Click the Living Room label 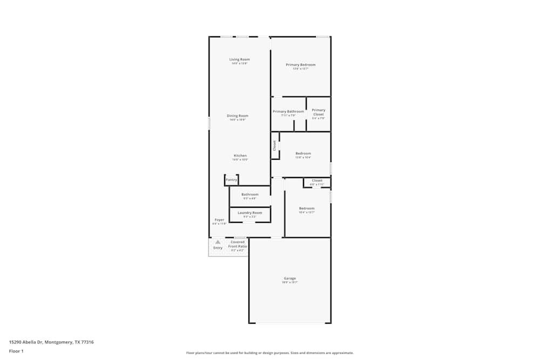click(239, 59)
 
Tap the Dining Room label click(237, 116)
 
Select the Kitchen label click(240, 155)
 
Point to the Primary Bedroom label click(300, 65)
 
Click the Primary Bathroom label click(288, 112)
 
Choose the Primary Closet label click(319, 112)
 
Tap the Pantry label click(231, 180)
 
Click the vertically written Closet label click(274, 145)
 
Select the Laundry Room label click(249, 213)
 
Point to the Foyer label click(219, 220)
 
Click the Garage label click(289, 279)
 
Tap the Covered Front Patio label click(238, 244)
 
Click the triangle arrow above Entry click(218, 242)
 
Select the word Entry click(218, 248)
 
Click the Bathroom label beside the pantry click(249, 194)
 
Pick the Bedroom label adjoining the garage click(306, 208)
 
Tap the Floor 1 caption click(16, 351)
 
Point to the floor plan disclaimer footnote click(270, 353)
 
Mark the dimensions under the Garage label click(289, 282)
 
